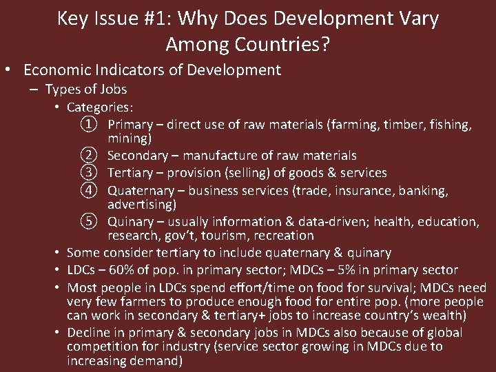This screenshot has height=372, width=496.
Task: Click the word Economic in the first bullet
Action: pyautogui.click(x=57, y=70)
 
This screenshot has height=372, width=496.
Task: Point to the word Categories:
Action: pyautogui.click(x=100, y=107)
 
